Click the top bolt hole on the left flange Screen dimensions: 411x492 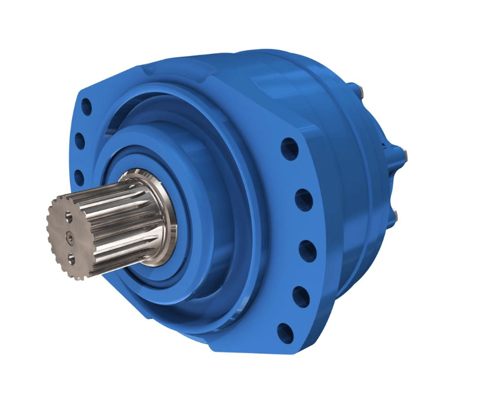(x=87, y=108)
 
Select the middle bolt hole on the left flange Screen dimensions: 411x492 (x=80, y=142)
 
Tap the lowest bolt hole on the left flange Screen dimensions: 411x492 (x=78, y=176)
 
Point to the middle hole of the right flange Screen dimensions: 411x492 (x=306, y=248)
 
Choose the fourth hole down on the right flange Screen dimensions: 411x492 (x=301, y=295)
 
